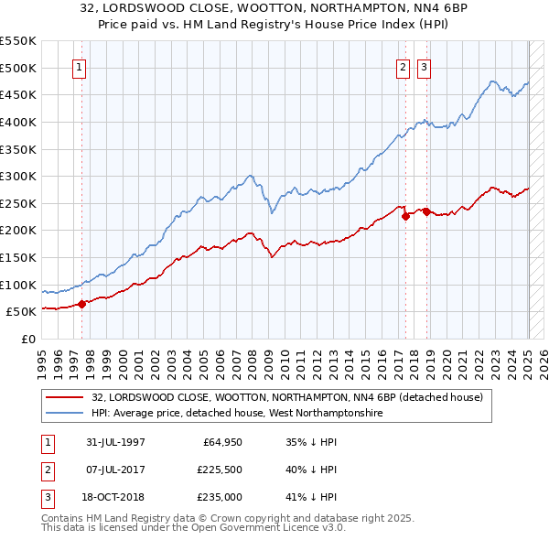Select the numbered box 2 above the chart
coord(403,67)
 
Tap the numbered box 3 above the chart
coord(424,67)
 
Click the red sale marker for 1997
coord(81,304)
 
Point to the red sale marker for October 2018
coord(426,211)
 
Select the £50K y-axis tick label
coord(22,312)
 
